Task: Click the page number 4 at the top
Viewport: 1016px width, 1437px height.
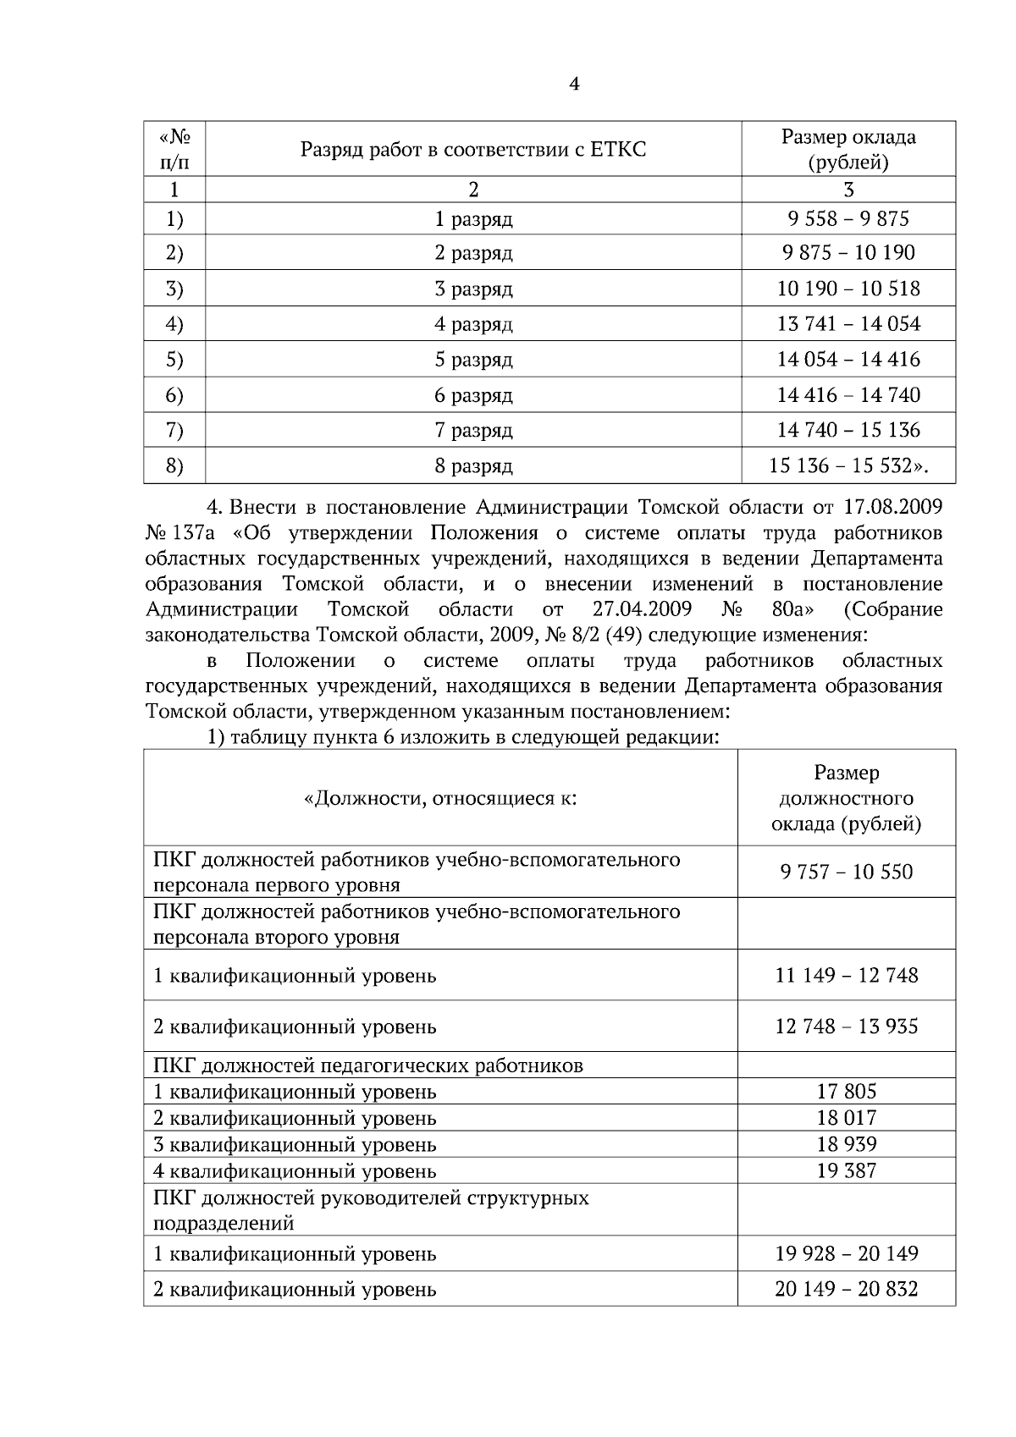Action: click(x=574, y=84)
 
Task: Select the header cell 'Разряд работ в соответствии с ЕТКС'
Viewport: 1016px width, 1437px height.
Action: click(x=472, y=150)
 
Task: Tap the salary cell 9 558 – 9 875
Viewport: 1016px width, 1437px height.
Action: click(x=848, y=219)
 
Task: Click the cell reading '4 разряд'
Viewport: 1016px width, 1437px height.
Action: click(x=473, y=324)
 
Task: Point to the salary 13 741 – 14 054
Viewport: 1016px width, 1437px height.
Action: click(x=848, y=324)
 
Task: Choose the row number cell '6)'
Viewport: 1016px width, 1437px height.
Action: click(x=174, y=395)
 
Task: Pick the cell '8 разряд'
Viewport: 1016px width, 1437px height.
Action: click(x=473, y=466)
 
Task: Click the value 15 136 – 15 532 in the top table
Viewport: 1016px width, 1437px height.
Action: click(x=848, y=466)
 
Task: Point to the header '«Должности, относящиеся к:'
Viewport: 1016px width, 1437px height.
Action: click(x=440, y=798)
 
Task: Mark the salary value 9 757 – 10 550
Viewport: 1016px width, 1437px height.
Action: click(x=846, y=873)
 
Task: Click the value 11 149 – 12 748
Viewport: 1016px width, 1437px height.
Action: click(x=846, y=976)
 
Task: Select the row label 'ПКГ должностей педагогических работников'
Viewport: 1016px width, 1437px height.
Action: click(x=368, y=1065)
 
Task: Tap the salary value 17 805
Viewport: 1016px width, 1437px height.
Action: click(x=846, y=1092)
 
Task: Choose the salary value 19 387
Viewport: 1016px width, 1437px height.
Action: click(x=846, y=1171)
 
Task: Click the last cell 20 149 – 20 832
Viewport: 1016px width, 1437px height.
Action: click(x=846, y=1290)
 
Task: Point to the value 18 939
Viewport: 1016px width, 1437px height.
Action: click(x=846, y=1144)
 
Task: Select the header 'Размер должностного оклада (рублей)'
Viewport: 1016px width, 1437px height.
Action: click(x=846, y=798)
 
